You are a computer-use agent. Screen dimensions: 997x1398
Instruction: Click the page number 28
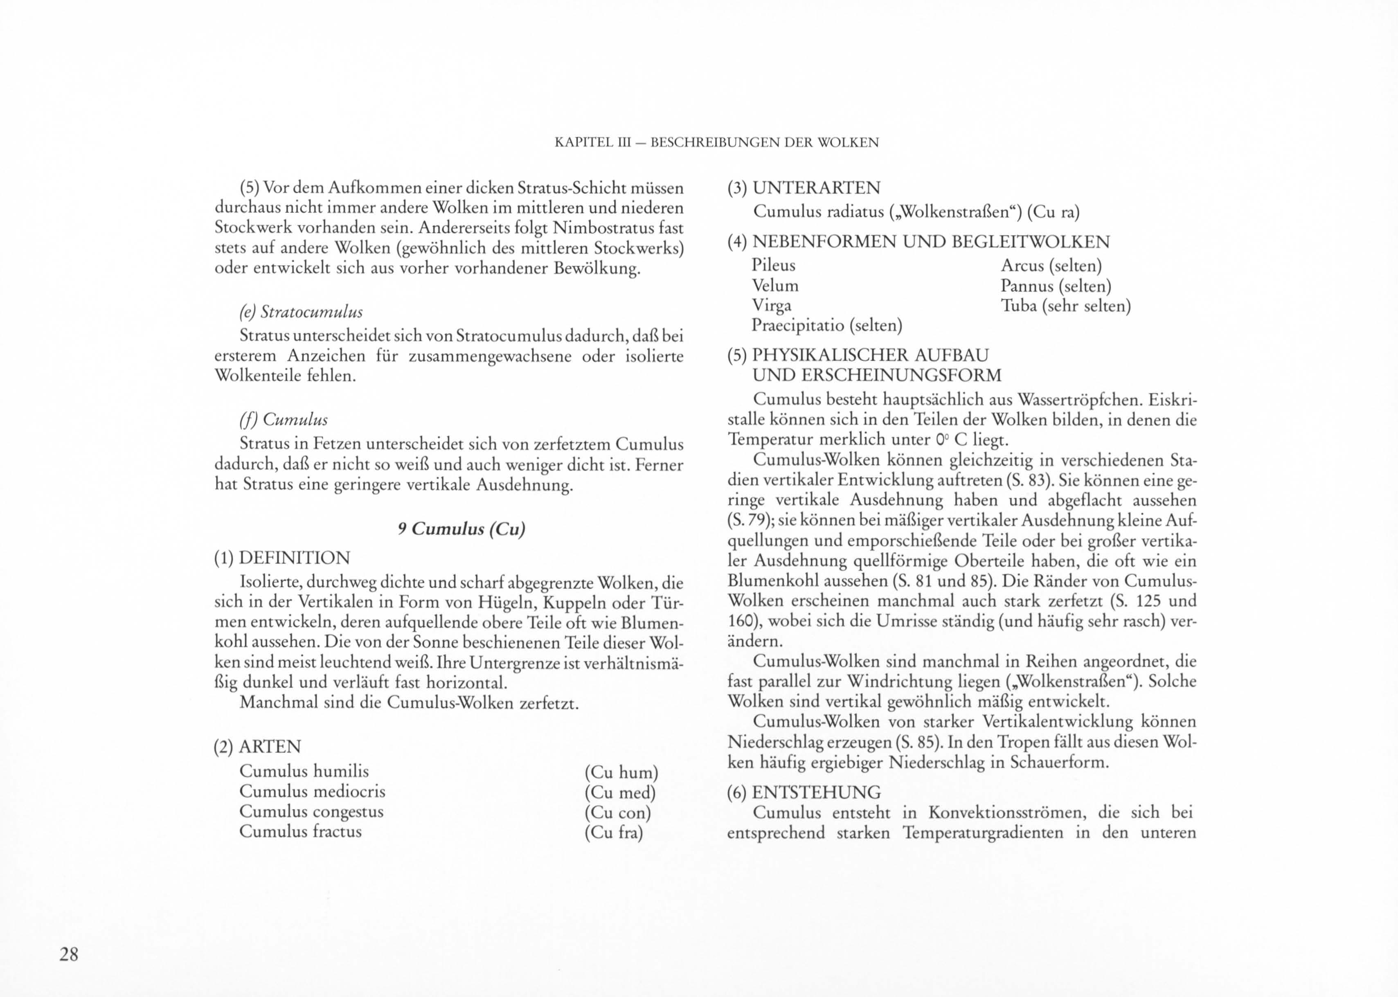[69, 954]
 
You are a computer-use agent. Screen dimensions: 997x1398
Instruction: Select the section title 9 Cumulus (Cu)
[461, 529]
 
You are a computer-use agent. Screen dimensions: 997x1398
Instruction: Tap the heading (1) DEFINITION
[282, 558]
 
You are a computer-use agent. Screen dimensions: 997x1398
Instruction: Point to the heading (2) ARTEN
[257, 747]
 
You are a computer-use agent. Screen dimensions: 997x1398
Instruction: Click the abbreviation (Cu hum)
[621, 772]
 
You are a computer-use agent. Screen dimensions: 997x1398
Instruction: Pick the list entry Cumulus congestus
[311, 812]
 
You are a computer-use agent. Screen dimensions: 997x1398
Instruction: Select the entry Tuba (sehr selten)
[1065, 306]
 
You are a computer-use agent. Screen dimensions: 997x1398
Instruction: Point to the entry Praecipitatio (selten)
[827, 325]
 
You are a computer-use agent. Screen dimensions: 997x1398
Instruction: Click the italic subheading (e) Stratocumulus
[301, 312]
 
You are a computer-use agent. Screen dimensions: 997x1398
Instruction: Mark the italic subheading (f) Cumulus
[283, 419]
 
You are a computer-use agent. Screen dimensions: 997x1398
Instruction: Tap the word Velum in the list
[775, 286]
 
